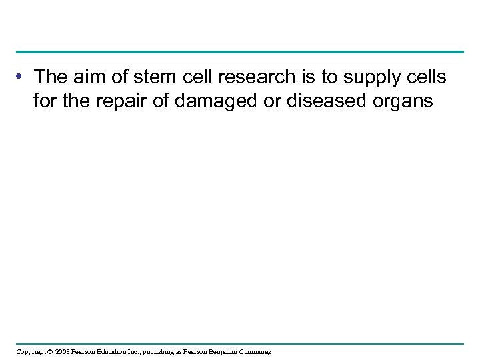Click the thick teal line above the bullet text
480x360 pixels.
[x=240, y=51]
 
